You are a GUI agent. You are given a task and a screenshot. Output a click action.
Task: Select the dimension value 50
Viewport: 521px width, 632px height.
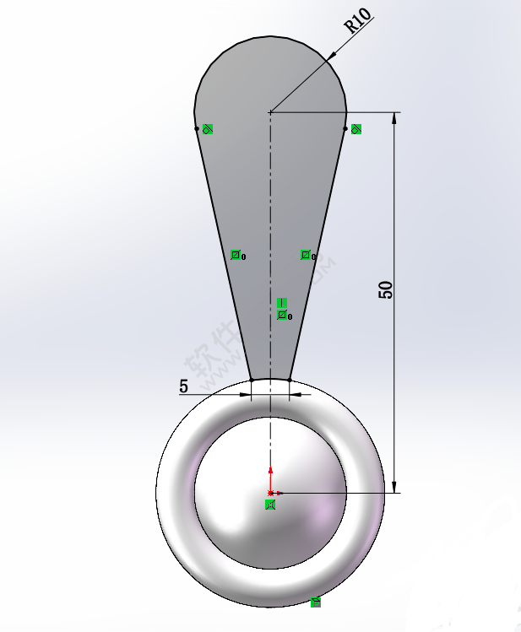(385, 289)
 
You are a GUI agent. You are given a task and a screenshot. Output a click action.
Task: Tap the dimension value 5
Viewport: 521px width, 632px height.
(183, 386)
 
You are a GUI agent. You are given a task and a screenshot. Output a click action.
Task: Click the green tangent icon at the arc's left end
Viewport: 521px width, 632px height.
(208, 129)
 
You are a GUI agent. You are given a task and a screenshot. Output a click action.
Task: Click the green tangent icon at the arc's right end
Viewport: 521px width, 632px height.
(356, 129)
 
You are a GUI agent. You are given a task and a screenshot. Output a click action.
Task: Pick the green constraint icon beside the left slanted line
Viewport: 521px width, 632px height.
(236, 255)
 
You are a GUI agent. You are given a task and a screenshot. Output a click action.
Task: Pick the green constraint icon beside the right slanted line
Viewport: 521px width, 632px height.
(306, 255)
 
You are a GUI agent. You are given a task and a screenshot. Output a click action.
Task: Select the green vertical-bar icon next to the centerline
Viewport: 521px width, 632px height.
(282, 302)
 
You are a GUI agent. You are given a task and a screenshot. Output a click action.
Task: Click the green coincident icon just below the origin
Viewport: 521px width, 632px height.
(270, 505)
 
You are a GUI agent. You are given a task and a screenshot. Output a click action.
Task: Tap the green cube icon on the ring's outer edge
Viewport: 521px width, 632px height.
(315, 602)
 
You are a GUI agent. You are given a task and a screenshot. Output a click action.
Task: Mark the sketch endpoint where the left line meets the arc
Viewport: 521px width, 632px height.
(197, 129)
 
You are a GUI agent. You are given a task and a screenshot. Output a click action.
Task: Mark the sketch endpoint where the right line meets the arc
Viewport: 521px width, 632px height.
(346, 129)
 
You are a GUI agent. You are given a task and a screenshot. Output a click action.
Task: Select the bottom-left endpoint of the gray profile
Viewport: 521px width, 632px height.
(252, 381)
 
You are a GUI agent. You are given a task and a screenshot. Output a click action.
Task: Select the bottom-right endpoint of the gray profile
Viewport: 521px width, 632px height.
(290, 381)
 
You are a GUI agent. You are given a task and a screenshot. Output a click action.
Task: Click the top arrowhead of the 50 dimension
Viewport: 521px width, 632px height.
(393, 117)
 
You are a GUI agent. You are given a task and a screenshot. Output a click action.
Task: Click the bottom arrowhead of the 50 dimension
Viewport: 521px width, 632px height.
(393, 486)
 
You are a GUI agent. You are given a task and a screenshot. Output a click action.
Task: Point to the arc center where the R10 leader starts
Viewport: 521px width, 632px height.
(270, 111)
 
